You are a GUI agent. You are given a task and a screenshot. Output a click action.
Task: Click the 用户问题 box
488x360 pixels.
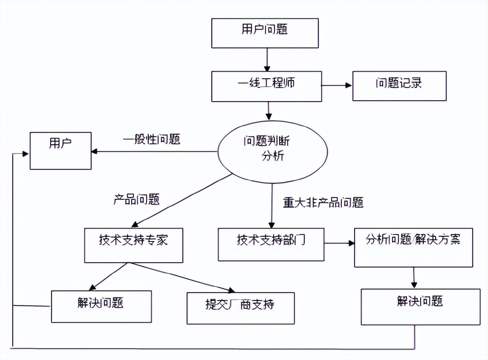265,33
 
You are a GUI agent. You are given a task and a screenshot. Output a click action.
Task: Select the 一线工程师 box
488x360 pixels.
267,86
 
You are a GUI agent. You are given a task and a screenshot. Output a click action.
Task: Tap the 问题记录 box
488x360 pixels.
399,86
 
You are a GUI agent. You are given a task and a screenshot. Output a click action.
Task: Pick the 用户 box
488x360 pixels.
60,151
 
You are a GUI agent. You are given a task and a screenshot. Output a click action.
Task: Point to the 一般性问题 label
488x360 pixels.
152,140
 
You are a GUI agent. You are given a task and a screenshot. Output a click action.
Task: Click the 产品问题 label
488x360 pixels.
137,199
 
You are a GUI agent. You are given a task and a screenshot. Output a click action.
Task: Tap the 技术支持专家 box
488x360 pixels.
133,245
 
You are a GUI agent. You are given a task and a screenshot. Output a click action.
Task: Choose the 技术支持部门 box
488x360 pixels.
271,244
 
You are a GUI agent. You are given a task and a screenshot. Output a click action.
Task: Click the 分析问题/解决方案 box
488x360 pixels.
413,247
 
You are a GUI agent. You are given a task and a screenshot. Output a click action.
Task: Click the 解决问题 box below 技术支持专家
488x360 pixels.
101,306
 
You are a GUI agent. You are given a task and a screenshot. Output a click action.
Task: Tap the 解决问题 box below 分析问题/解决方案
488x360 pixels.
420,307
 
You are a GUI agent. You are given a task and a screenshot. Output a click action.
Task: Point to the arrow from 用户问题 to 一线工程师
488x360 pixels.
267,59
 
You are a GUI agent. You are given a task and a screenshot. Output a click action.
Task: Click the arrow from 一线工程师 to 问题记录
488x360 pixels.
337,86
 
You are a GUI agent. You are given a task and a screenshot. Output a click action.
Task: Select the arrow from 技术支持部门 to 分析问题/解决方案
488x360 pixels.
339,243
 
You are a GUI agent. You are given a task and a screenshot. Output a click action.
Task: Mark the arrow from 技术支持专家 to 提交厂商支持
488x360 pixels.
181,277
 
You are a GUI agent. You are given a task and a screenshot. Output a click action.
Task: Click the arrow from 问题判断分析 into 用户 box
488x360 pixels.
154,152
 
